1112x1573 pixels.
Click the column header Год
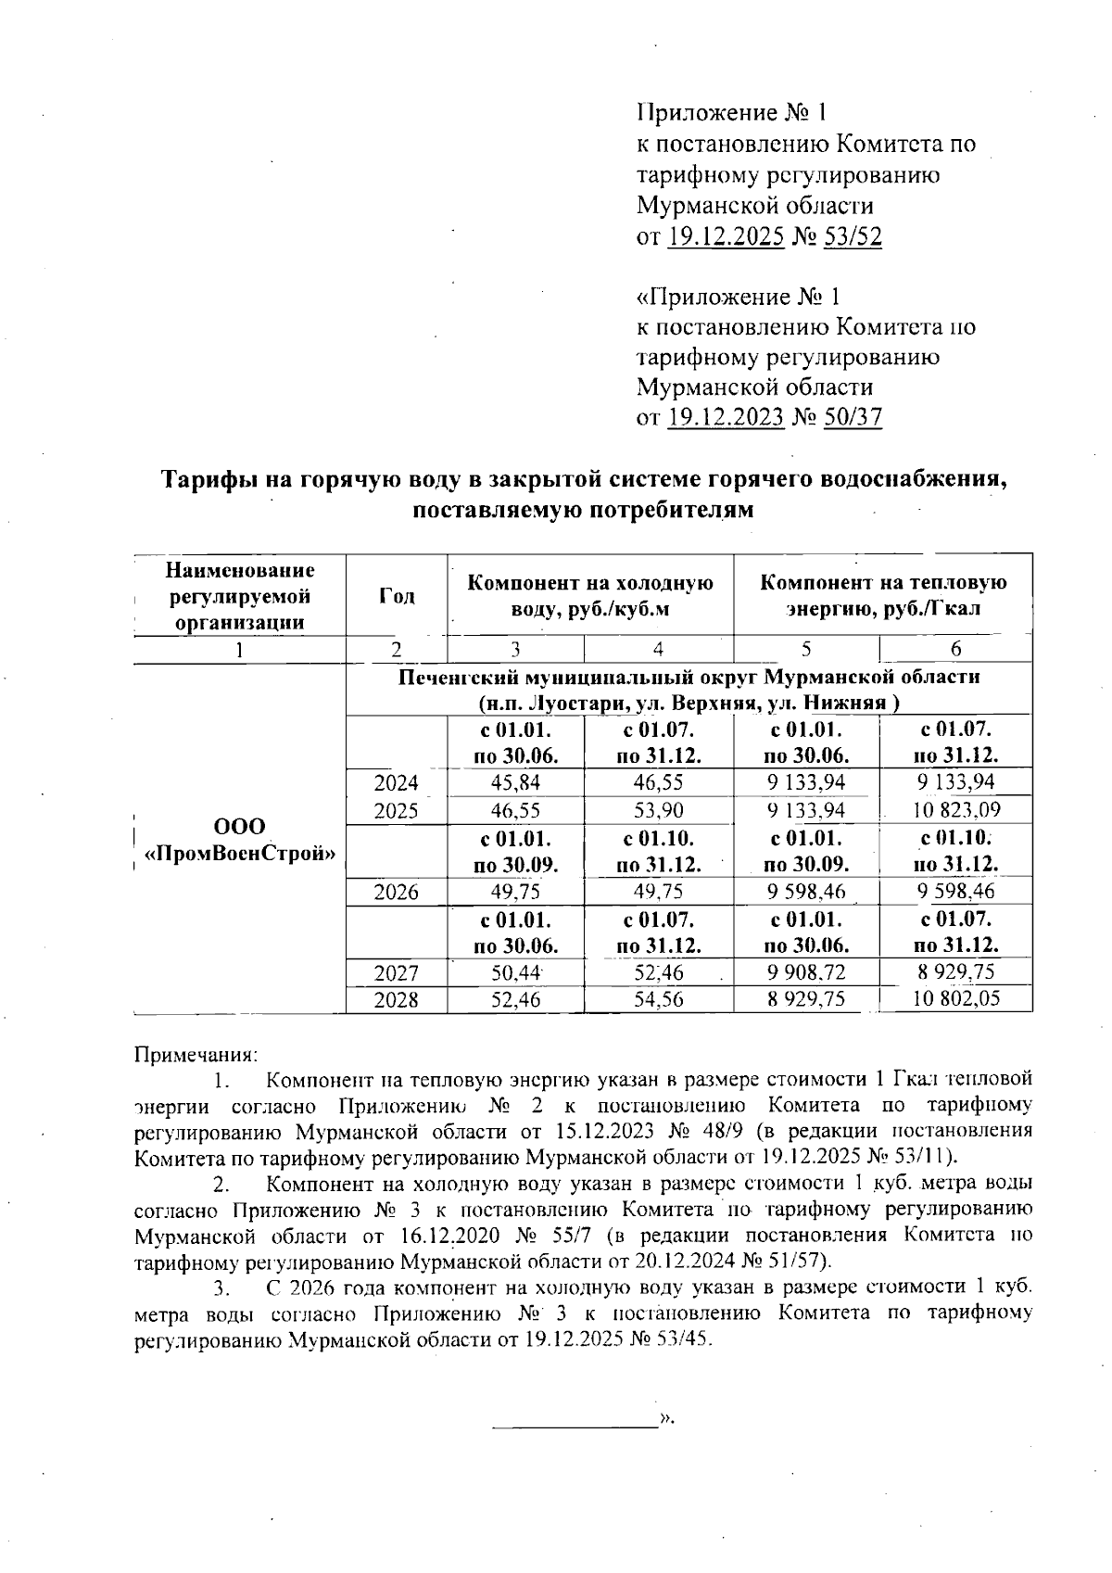tap(396, 596)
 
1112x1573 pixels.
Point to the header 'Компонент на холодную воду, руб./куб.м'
tap(589, 596)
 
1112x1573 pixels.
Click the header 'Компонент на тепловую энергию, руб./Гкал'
tap(882, 596)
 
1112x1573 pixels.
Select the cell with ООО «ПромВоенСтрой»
tap(239, 839)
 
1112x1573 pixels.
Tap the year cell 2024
tap(396, 783)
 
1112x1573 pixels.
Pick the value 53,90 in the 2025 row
tap(659, 811)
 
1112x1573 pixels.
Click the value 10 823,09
tap(955, 811)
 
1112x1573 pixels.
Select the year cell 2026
tap(396, 893)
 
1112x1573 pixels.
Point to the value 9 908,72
tap(806, 972)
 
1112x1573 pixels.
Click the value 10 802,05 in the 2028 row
tap(955, 999)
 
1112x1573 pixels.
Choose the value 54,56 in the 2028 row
tap(659, 999)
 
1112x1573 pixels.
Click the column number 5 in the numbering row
tap(806, 649)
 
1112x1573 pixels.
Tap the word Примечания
tap(196, 1054)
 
